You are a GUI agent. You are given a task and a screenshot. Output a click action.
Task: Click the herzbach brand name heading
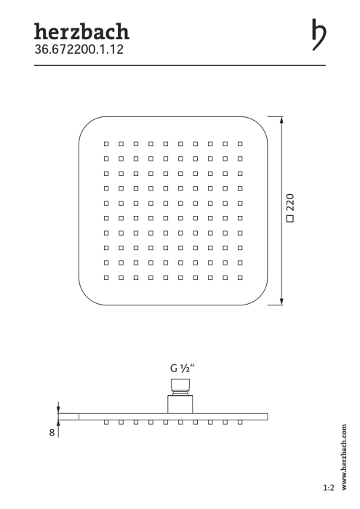tap(81, 31)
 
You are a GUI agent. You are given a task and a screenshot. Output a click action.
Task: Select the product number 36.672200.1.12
tap(79, 49)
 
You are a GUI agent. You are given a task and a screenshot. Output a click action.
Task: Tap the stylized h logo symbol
tap(319, 34)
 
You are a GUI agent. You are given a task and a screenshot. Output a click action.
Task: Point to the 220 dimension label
tap(290, 202)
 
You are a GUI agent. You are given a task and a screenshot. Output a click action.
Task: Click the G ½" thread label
tap(183, 368)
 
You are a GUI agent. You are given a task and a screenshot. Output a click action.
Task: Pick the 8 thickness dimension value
tap(52, 433)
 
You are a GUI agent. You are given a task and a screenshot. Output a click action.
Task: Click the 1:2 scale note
tap(329, 488)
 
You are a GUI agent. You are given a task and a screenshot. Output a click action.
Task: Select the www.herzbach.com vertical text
tap(344, 457)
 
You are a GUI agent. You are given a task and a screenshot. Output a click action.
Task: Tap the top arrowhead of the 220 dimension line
tap(281, 120)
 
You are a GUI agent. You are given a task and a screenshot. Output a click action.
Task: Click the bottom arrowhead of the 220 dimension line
tap(281, 301)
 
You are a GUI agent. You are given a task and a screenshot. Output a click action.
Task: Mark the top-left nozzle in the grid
tap(106, 144)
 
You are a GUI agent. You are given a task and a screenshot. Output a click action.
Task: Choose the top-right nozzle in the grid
tap(240, 144)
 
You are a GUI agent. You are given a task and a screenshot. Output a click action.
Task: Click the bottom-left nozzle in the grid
tap(106, 278)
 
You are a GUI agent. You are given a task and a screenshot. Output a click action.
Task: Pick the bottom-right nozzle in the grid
tap(240, 278)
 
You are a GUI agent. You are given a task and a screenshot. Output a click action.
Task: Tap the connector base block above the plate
tap(180, 404)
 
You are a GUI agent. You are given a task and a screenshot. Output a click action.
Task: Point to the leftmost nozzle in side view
tap(106, 422)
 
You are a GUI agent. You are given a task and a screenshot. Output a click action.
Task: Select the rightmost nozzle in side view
tap(240, 422)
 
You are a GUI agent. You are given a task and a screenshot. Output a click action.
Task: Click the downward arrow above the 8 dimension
tap(58, 407)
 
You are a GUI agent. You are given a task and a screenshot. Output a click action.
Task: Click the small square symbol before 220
tap(290, 218)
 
